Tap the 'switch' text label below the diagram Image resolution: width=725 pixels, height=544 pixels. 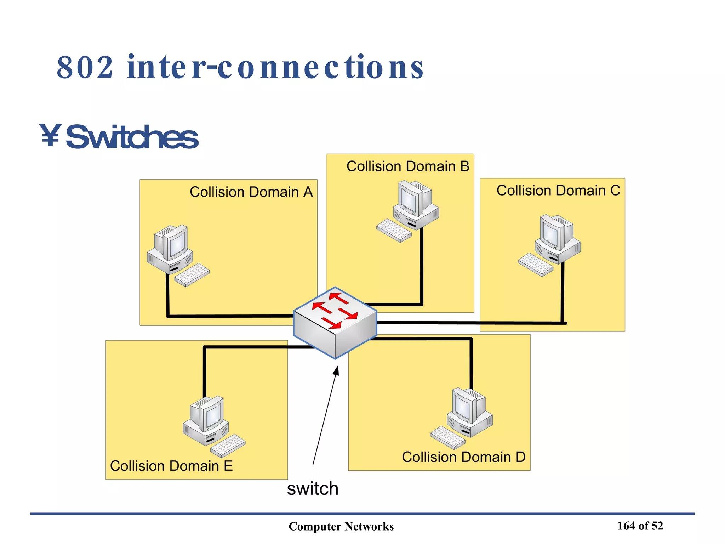pos(313,489)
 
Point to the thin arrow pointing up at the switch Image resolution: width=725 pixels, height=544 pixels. pos(325,416)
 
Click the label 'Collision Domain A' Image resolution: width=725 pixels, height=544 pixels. pos(251,192)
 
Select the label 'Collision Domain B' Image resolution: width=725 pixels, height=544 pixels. pos(407,166)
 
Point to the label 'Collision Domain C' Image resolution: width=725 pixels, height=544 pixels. pos(558,191)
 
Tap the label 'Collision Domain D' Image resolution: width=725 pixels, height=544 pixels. pos(463,457)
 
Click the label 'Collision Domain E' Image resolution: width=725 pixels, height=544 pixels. pos(171,466)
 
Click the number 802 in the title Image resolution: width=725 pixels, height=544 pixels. pos(85,67)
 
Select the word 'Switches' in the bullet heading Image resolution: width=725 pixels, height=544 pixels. pos(132,137)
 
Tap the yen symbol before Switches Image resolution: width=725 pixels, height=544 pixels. pos(50,135)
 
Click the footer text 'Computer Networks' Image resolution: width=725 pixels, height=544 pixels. pos(341,526)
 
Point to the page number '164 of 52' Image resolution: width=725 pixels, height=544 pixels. pos(640,526)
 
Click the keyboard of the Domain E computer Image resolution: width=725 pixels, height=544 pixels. pos(228,446)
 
